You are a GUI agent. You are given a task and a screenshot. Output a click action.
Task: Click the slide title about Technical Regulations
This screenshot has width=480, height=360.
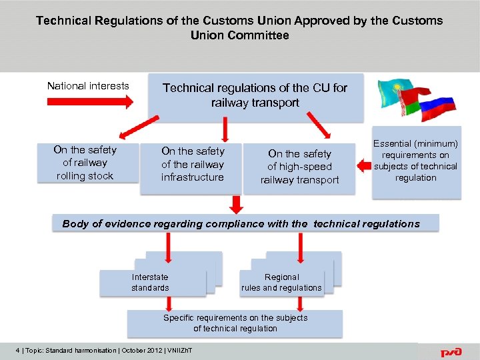point(239,27)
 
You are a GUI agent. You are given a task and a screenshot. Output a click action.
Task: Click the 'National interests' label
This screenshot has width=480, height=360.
point(88,86)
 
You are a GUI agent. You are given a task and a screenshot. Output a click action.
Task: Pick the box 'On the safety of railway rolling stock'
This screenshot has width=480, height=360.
point(85,163)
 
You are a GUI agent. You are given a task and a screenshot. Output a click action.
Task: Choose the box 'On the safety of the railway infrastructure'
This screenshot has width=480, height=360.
point(193,164)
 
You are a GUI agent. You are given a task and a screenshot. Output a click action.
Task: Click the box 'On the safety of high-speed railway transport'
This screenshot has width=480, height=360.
point(299,167)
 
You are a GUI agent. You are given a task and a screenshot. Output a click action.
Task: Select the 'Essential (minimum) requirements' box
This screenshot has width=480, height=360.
point(415,161)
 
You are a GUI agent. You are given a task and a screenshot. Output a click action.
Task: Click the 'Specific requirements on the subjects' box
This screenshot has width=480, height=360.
point(235,323)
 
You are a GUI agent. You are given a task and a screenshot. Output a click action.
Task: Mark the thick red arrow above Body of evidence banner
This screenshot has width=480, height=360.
point(235,204)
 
